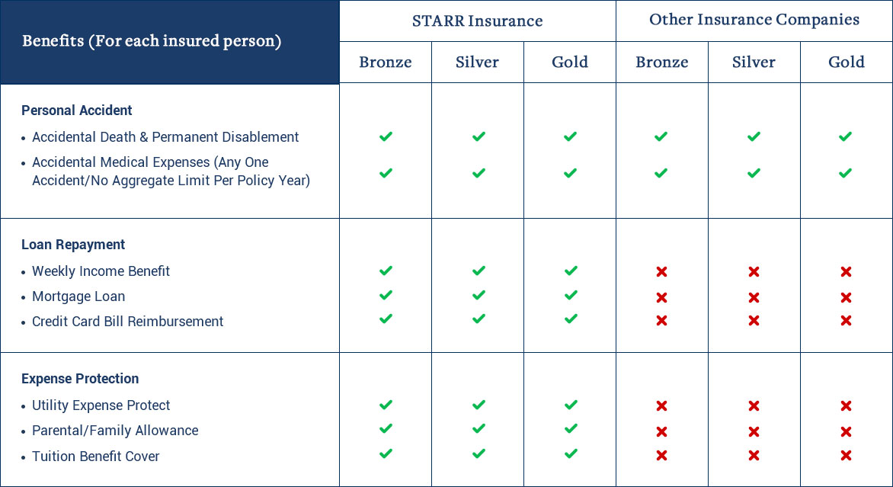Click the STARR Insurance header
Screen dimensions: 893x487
pos(477,21)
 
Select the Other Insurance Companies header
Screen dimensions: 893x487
pos(754,20)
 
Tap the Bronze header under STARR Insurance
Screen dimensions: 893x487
pos(385,62)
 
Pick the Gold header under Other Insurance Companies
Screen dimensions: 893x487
pos(847,62)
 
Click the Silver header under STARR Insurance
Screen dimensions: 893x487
pos(477,62)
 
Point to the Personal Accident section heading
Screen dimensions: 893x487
pos(77,110)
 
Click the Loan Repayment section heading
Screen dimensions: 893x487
pos(73,245)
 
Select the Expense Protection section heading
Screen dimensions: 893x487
pos(80,379)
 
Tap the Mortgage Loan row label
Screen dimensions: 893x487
pos(78,296)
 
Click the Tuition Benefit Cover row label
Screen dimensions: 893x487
pos(96,457)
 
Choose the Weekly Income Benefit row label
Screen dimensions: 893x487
pos(101,271)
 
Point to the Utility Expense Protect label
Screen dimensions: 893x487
pos(101,405)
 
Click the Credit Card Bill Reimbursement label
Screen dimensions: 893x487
pos(127,322)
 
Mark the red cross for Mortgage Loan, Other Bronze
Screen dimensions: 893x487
pos(661,297)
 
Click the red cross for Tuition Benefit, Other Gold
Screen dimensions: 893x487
pos(846,455)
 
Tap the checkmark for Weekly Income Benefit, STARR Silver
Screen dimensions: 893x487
pos(479,271)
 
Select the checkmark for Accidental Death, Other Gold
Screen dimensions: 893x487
pos(845,136)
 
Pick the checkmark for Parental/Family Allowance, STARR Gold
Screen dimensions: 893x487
pos(570,428)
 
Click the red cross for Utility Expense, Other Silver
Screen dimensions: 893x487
pos(754,405)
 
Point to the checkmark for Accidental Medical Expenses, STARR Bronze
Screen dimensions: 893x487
pos(386,172)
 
